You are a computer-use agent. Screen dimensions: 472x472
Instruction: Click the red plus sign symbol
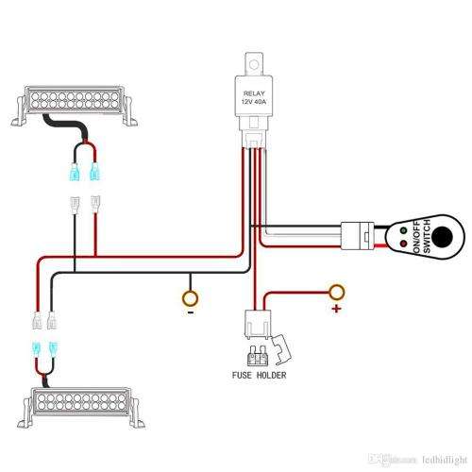click(334, 308)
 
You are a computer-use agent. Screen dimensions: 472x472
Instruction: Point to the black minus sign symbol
click(190, 312)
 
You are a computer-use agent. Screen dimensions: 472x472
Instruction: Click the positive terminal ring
click(334, 291)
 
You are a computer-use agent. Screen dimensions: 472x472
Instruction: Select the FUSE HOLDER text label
click(259, 376)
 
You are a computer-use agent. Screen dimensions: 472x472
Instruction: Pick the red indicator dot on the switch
click(404, 244)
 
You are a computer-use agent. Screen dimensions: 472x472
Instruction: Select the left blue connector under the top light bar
click(75, 172)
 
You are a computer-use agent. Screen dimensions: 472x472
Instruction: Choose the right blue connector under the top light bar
click(94, 172)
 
